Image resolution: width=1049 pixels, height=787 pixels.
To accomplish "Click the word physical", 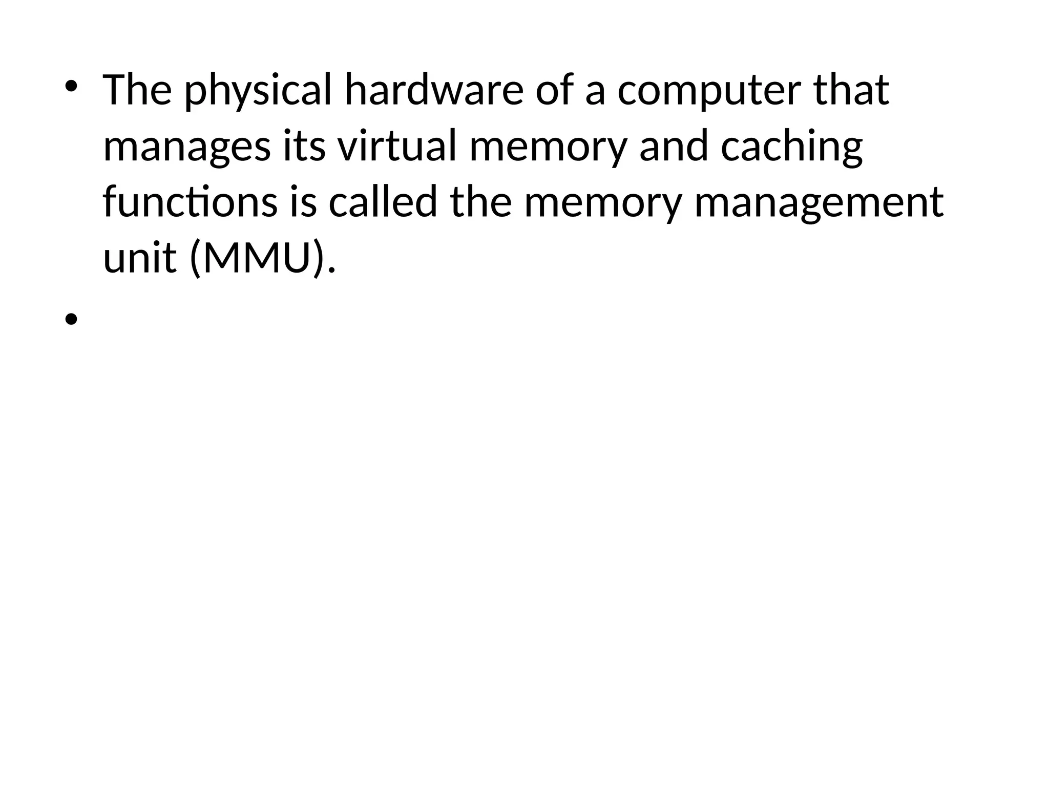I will (258, 91).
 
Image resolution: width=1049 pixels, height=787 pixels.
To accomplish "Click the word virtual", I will (396, 146).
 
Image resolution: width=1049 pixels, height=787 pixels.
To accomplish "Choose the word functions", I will (190, 202).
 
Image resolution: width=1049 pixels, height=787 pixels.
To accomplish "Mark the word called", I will (383, 202).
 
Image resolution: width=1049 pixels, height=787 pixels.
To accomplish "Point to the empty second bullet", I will (71, 320).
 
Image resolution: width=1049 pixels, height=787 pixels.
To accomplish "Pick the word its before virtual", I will (305, 146).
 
